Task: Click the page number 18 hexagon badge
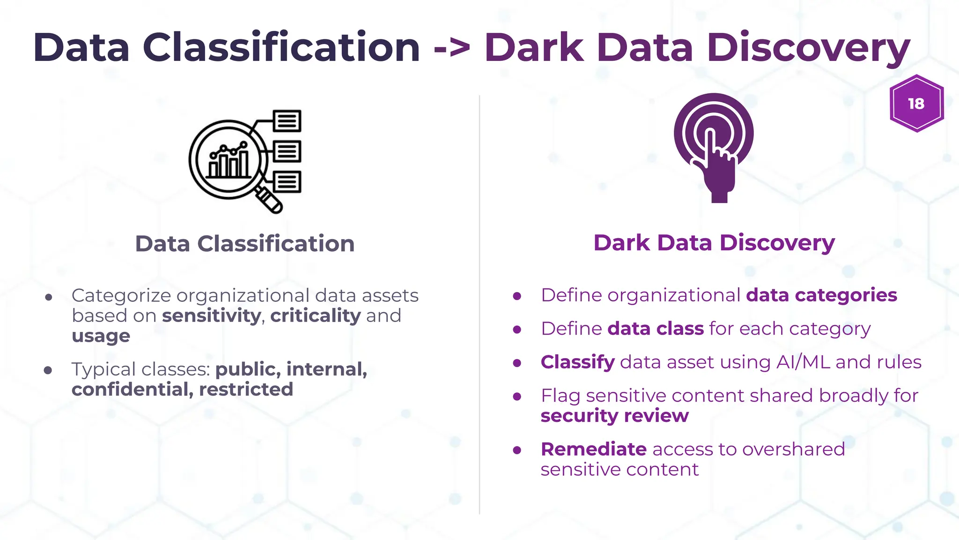(916, 104)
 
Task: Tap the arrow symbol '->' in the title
(452, 48)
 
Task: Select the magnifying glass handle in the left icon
(269, 199)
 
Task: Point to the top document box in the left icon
(287, 121)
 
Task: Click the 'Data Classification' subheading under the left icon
(244, 244)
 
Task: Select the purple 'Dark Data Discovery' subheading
(714, 243)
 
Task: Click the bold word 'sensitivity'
(211, 315)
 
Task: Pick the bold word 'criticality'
(316, 315)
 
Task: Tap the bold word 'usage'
(101, 336)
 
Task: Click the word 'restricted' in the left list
(246, 390)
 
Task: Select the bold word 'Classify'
(577, 362)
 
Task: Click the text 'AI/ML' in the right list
(803, 362)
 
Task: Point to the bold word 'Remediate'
(594, 449)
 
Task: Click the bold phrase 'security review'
(614, 416)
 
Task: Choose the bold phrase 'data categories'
(821, 295)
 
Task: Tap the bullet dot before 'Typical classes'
(48, 370)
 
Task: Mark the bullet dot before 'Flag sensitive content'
(517, 397)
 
